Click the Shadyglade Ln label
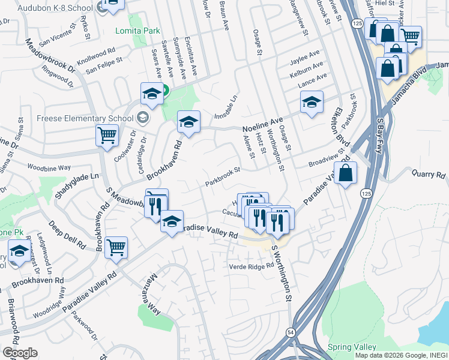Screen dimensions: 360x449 (77, 177)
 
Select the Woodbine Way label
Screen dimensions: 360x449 (49, 166)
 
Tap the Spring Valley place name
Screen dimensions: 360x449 (352, 347)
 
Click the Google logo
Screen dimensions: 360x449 (20, 353)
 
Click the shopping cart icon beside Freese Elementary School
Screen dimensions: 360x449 (107, 136)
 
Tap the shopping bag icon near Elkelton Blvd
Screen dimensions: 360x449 (346, 173)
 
